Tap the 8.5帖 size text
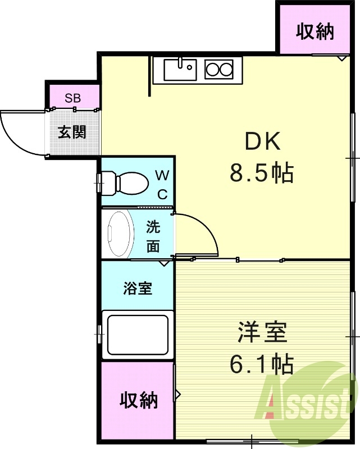(262, 173)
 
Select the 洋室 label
(262, 332)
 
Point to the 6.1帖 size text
(262, 364)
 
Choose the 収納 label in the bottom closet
(138, 400)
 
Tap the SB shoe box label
(72, 98)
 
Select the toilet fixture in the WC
(125, 184)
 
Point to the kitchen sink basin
(180, 70)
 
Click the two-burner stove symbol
(218, 70)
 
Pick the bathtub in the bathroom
(138, 335)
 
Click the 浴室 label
(138, 288)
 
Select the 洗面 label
(153, 236)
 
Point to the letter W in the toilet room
(162, 175)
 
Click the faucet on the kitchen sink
(180, 62)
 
